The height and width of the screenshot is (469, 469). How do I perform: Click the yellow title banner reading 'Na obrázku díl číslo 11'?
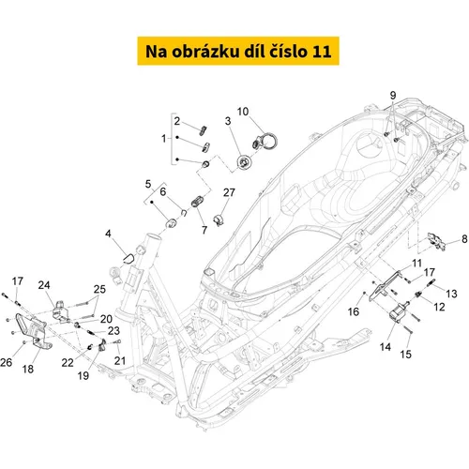tap(238, 51)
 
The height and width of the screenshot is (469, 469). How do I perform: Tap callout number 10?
tap(243, 112)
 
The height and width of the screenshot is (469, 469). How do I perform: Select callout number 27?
tap(229, 192)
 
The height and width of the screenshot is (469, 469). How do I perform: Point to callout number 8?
tap(464, 239)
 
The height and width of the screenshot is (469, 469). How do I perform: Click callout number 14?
tap(386, 347)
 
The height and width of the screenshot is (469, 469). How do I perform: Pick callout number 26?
tap(7, 362)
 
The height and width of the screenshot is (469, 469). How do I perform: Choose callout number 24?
tap(44, 285)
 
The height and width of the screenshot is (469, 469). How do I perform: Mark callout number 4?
tap(108, 234)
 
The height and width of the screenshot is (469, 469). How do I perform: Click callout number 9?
tap(393, 95)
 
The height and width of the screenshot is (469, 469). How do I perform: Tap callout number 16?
tap(354, 311)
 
